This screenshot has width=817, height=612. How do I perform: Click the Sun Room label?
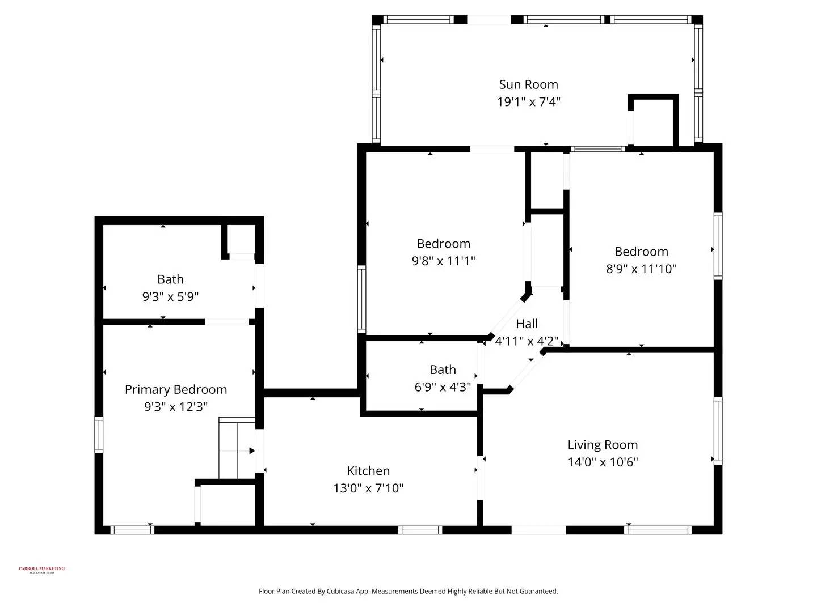click(528, 84)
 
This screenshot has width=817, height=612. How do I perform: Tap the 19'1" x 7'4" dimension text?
click(528, 102)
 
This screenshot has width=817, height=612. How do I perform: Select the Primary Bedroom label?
click(176, 390)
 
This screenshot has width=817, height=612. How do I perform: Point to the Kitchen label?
click(368, 471)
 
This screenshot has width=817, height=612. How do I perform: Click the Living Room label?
click(603, 445)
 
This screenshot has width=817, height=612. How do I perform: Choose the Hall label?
click(527, 324)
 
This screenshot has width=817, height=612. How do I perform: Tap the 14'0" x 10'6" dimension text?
click(603, 462)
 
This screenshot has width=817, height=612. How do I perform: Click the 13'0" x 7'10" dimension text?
click(368, 488)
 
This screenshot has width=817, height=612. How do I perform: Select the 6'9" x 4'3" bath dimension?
click(443, 387)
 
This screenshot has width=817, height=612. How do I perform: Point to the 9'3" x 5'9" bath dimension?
click(170, 296)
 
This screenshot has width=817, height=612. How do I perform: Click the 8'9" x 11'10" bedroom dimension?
click(641, 269)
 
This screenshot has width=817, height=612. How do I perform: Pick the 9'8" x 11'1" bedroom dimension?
click(443, 261)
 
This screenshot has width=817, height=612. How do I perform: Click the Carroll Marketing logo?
click(41, 569)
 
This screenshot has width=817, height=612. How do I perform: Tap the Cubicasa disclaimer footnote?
click(408, 591)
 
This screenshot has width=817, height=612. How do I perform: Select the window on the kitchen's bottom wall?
click(420, 530)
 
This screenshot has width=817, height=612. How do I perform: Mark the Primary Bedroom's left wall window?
click(99, 435)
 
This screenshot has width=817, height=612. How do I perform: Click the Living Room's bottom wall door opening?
click(538, 530)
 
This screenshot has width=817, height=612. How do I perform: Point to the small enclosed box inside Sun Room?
click(654, 121)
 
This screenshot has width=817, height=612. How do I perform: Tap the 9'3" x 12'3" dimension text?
click(176, 407)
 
